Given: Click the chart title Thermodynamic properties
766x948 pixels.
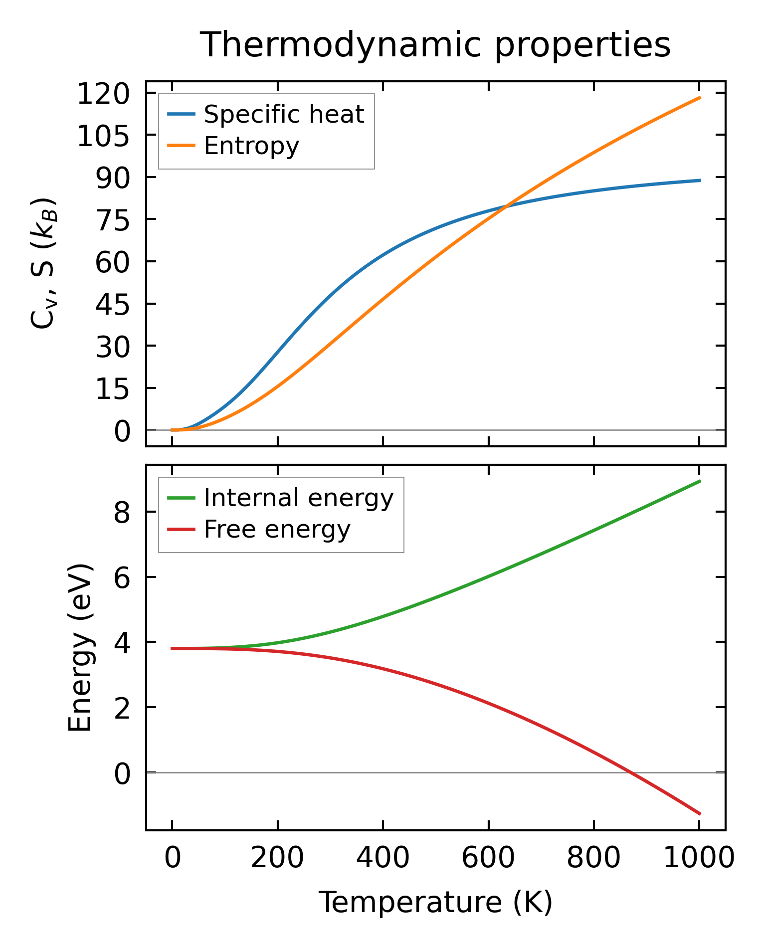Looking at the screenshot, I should click(x=435, y=45).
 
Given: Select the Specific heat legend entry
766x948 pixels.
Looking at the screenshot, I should click(x=284, y=115).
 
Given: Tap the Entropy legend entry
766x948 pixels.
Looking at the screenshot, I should click(x=251, y=146).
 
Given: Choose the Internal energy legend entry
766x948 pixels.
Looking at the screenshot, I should click(x=298, y=498).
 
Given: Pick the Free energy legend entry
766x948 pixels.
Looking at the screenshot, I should click(x=277, y=530).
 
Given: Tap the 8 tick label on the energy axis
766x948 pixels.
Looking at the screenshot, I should click(x=122, y=512).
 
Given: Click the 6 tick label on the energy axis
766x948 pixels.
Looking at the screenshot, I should click(x=122, y=577).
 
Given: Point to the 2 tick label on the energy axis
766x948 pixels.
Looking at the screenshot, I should click(x=122, y=708).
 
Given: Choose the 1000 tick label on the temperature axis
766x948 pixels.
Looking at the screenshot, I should click(x=699, y=859).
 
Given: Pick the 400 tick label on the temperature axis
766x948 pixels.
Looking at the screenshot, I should click(x=383, y=859).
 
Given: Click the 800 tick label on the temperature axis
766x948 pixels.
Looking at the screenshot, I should click(x=593, y=859).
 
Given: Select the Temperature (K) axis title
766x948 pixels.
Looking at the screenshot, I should click(x=435, y=902).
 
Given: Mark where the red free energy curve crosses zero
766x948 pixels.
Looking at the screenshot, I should click(x=630, y=772).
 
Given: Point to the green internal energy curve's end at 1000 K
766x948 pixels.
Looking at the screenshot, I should click(x=699, y=481).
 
